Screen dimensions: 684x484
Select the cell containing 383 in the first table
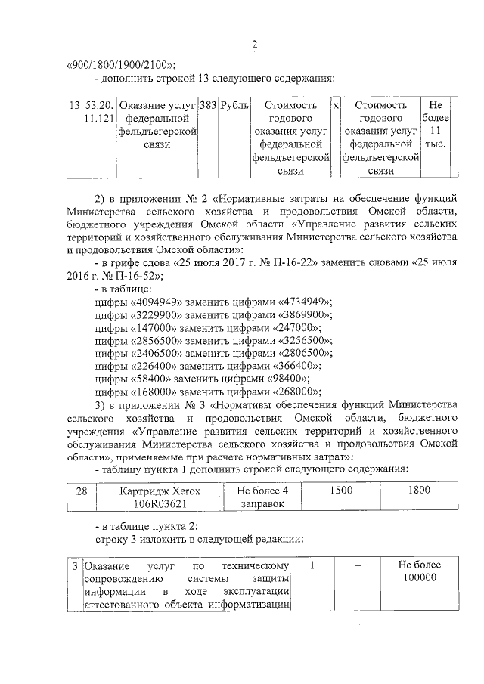[x=206, y=107]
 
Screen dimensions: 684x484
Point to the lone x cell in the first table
[x=336, y=107]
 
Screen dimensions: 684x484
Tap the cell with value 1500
[x=342, y=491]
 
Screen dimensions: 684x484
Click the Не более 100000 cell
[x=418, y=572]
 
